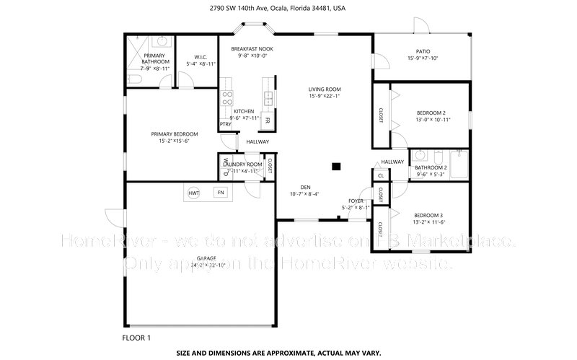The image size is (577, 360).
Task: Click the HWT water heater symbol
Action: [x=194, y=193]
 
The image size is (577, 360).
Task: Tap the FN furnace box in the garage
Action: [x=221, y=193]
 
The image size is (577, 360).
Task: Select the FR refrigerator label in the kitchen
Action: [x=268, y=120]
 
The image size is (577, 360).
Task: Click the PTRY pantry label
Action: [x=226, y=124]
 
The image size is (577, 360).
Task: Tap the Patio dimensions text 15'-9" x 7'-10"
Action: [x=423, y=58]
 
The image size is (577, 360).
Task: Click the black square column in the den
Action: [x=335, y=167]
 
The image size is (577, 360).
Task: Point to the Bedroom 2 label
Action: [x=431, y=113]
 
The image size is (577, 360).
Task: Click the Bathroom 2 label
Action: [x=432, y=167]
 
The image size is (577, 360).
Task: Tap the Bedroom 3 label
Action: [x=428, y=215]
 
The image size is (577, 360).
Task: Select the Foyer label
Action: [x=356, y=201]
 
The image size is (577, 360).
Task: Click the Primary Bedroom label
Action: [x=174, y=133]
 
